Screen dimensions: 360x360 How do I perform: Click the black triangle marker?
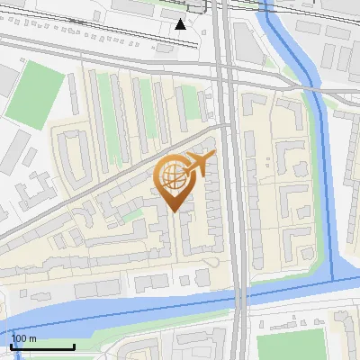pos(181,24)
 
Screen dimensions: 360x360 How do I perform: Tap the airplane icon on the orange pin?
pos(196,164)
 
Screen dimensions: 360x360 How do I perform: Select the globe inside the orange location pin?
pos(172,176)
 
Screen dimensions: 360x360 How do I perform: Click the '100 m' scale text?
pos(24,338)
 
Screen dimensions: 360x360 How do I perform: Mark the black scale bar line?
pos(42,346)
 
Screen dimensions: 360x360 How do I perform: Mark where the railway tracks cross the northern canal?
pos(271,11)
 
